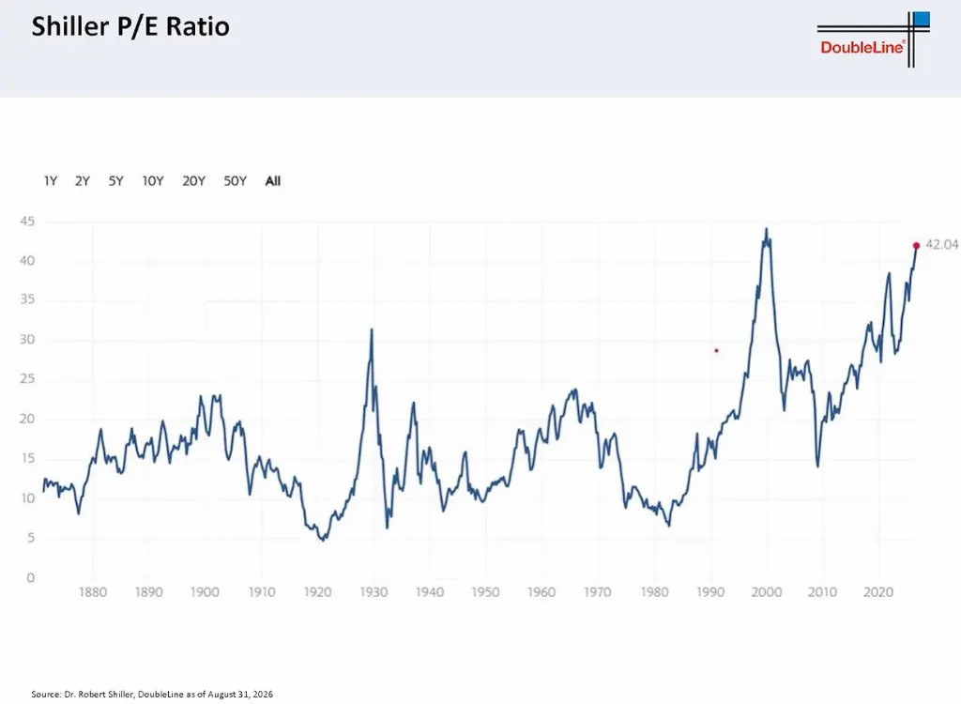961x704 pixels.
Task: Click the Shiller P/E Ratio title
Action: point(130,27)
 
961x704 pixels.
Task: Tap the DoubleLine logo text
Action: point(862,47)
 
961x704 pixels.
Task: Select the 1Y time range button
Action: point(51,181)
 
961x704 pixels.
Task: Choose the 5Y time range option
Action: point(115,181)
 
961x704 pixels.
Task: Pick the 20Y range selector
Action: point(193,181)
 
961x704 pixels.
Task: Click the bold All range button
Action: point(273,181)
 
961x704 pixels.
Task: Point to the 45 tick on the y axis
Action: point(27,222)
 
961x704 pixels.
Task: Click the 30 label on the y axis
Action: point(27,340)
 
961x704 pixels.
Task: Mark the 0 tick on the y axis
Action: point(31,577)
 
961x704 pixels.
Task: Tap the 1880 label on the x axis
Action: point(93,592)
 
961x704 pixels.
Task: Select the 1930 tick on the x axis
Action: point(374,592)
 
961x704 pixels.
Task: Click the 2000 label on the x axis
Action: point(766,592)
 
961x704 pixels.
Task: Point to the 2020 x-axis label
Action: point(878,592)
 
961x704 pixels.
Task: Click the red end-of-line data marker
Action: point(916,246)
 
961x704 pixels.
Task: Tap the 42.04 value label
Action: point(941,245)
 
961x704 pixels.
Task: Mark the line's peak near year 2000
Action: point(766,229)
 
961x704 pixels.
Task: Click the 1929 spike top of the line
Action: point(372,329)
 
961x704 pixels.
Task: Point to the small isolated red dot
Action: point(716,351)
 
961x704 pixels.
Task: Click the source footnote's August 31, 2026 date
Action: point(240,695)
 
